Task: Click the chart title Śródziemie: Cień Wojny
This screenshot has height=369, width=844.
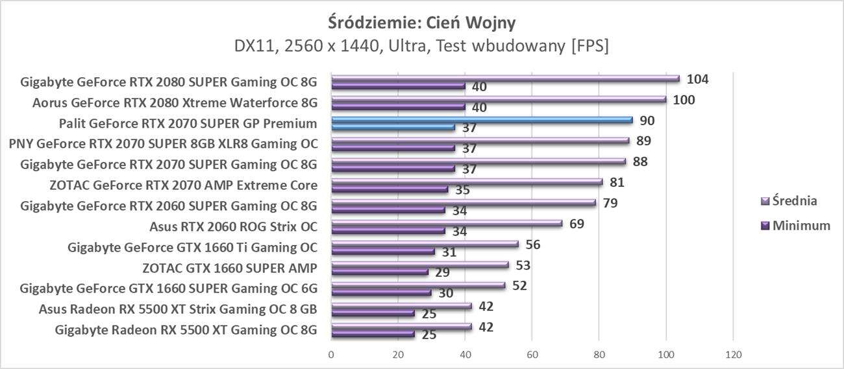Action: click(x=421, y=22)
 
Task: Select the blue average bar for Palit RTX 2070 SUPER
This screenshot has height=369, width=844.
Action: click(x=482, y=120)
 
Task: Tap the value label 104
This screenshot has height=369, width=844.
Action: click(x=697, y=79)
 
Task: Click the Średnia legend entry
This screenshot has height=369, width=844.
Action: click(x=788, y=201)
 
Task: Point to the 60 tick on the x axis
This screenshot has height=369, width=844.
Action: click(x=532, y=355)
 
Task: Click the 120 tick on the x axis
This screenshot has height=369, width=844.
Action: click(x=732, y=355)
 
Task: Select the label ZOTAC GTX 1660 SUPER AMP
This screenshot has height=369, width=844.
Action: click(x=230, y=268)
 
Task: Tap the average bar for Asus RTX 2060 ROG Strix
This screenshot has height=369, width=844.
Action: click(x=447, y=224)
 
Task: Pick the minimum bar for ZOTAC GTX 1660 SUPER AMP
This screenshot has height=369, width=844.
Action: click(x=380, y=272)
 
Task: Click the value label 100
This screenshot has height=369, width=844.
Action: click(x=684, y=100)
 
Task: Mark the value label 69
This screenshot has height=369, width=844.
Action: click(x=576, y=224)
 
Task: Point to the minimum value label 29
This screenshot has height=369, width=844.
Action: click(x=442, y=272)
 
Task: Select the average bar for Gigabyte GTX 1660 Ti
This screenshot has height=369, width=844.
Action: click(x=425, y=244)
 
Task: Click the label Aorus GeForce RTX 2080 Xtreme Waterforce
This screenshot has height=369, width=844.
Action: click(x=175, y=102)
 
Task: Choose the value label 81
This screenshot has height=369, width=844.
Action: click(x=617, y=182)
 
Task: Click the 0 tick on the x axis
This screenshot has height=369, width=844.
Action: click(x=331, y=355)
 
